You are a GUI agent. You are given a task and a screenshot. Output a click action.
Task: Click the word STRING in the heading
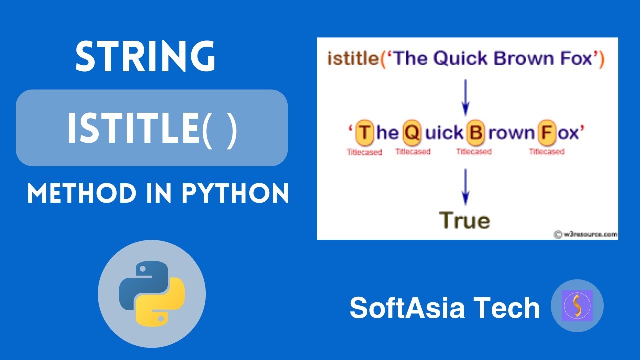145,57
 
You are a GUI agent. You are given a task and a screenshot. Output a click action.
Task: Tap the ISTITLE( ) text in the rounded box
152,128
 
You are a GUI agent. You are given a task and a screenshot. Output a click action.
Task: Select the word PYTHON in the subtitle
235,193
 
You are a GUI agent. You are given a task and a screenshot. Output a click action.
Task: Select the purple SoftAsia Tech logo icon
577,306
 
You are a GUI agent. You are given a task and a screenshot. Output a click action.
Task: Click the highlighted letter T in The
365,133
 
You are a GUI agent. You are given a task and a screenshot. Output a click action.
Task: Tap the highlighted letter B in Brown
476,133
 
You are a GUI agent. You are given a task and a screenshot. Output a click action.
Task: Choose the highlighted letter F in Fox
546,133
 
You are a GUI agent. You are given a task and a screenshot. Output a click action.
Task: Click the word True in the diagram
465,220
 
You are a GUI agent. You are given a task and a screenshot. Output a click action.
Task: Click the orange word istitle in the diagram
353,59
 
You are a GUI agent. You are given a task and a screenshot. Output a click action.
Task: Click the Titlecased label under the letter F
547,152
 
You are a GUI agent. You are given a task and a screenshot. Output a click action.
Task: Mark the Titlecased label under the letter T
365,152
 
